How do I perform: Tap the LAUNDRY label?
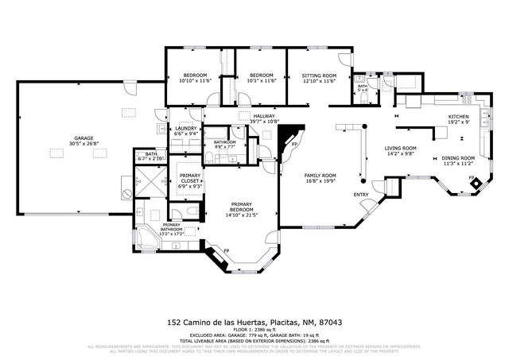click(x=186, y=129)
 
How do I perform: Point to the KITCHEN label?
click(x=458, y=117)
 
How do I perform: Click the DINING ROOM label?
click(x=458, y=157)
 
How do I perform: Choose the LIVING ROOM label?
click(x=402, y=148)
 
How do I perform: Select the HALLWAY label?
click(x=264, y=116)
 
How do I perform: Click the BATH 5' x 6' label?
click(x=363, y=88)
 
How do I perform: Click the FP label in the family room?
click(x=293, y=145)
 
